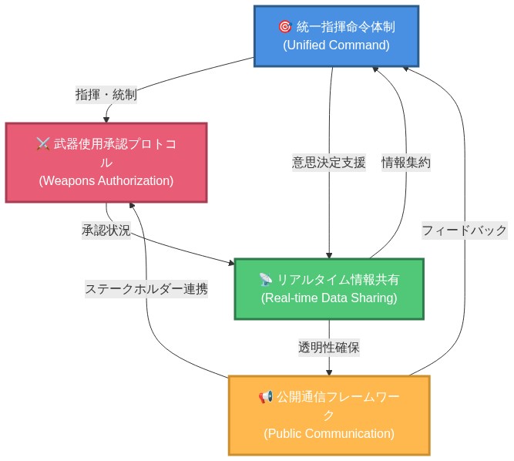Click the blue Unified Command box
click(x=336, y=35)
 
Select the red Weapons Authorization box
click(x=106, y=162)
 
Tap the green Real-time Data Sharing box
click(x=329, y=288)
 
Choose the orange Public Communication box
click(x=329, y=415)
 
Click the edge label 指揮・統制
click(x=106, y=95)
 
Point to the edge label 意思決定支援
click(x=329, y=163)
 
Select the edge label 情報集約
click(x=406, y=163)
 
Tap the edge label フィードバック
click(x=464, y=230)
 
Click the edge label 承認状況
click(x=106, y=230)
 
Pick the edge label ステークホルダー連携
click(x=146, y=289)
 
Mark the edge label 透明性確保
click(x=329, y=347)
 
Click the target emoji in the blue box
click(x=284, y=27)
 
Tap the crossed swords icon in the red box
click(x=43, y=144)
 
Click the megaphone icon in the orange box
click(x=266, y=397)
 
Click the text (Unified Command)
click(x=336, y=45)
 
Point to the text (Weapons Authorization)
click(x=106, y=180)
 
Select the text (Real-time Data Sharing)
click(x=329, y=298)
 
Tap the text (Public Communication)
click(x=329, y=433)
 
